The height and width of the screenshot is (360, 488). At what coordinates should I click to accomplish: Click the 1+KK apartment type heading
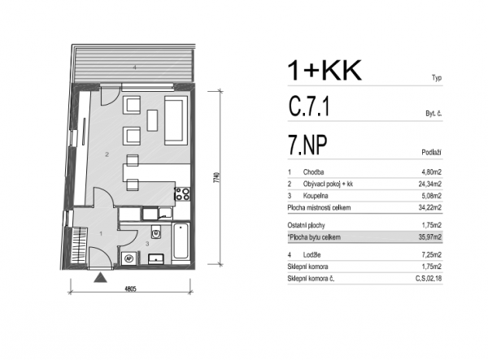point(324,71)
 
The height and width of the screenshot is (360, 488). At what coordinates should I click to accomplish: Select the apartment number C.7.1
point(309,106)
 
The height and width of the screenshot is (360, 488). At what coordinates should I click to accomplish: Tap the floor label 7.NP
point(307,145)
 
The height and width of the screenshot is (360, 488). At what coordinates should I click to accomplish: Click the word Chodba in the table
point(313,172)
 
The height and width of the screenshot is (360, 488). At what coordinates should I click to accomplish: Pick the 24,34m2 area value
point(429,184)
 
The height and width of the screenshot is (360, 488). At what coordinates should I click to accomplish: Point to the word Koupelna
point(316,196)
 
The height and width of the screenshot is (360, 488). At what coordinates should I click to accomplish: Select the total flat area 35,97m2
point(429,237)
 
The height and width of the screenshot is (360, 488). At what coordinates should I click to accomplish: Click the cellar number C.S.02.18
point(429,279)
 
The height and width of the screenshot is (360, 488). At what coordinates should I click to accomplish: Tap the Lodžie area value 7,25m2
point(431,255)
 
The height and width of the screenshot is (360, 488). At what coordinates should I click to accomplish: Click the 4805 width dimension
point(130,288)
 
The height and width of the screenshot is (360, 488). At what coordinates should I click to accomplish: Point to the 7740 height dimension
point(216,177)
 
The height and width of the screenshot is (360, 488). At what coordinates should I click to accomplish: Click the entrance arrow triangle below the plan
point(101,277)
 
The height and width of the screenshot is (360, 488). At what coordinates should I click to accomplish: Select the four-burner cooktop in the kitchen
point(183,193)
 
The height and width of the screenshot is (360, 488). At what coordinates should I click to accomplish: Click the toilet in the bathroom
point(156,232)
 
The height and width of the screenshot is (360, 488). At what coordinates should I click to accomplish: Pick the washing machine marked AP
point(129,258)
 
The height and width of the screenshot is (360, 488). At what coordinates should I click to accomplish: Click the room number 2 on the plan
point(107,154)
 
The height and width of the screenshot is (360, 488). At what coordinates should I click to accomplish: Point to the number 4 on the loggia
point(135,67)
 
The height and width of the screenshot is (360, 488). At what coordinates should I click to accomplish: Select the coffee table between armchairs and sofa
point(152,120)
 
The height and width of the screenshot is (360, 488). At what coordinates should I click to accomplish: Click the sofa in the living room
point(176,120)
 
